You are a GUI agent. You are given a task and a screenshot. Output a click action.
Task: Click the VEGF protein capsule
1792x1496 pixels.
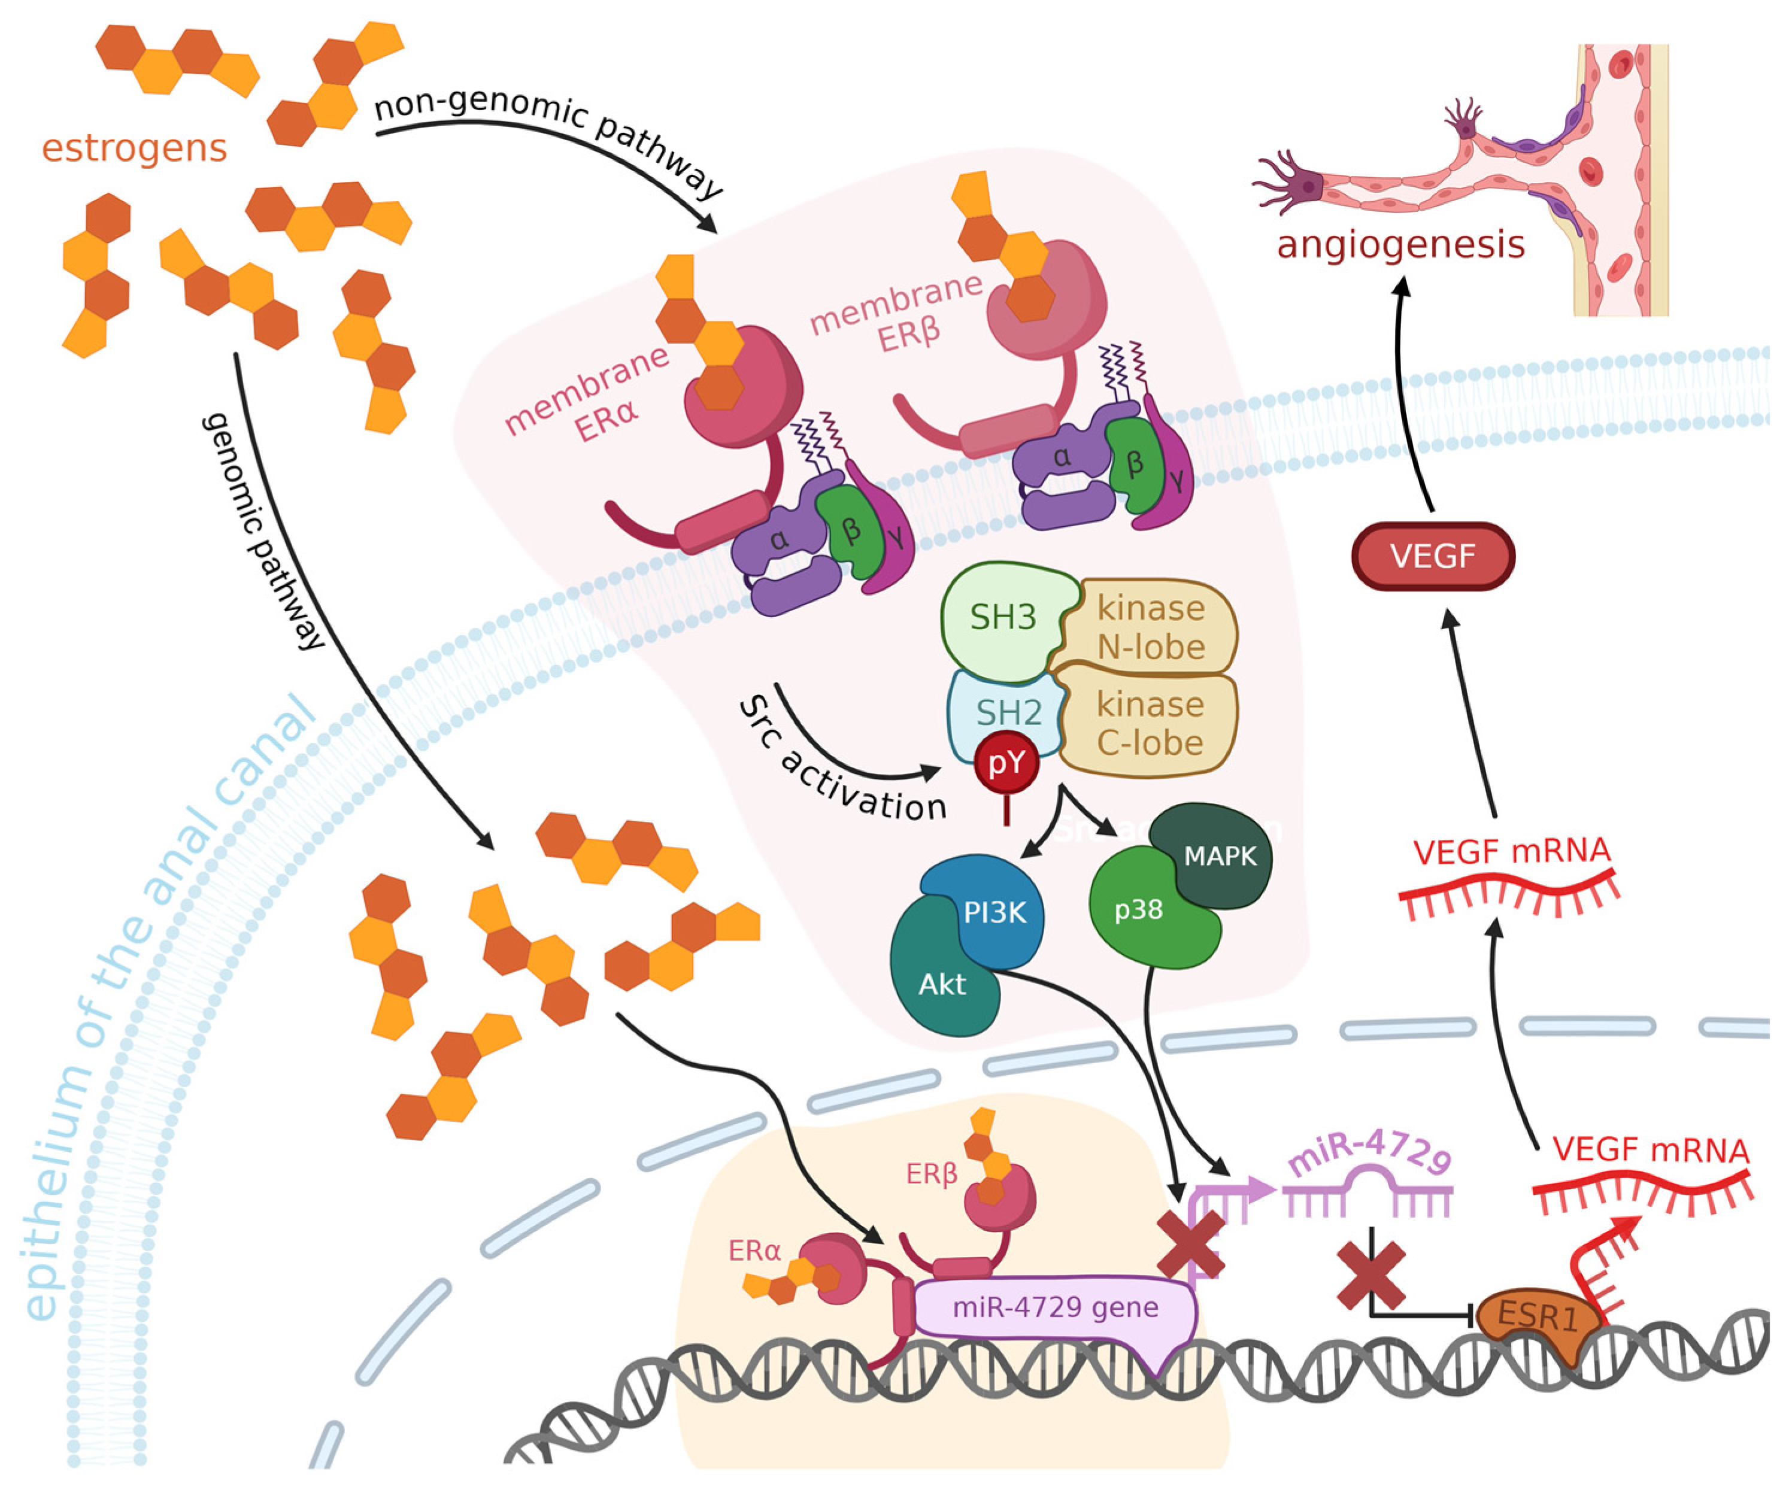pos(1433,556)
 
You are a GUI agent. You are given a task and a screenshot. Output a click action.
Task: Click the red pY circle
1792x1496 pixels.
pos(1007,762)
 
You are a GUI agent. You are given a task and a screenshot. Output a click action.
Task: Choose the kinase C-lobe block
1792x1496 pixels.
pos(1150,724)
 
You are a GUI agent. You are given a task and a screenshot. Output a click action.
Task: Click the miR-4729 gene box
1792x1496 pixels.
pos(1055,1307)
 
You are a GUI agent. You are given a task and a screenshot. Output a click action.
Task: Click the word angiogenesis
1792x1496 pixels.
pos(1400,244)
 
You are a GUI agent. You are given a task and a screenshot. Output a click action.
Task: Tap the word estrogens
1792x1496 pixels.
pos(134,148)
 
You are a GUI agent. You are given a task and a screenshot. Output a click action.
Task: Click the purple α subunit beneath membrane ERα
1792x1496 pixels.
pos(778,539)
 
